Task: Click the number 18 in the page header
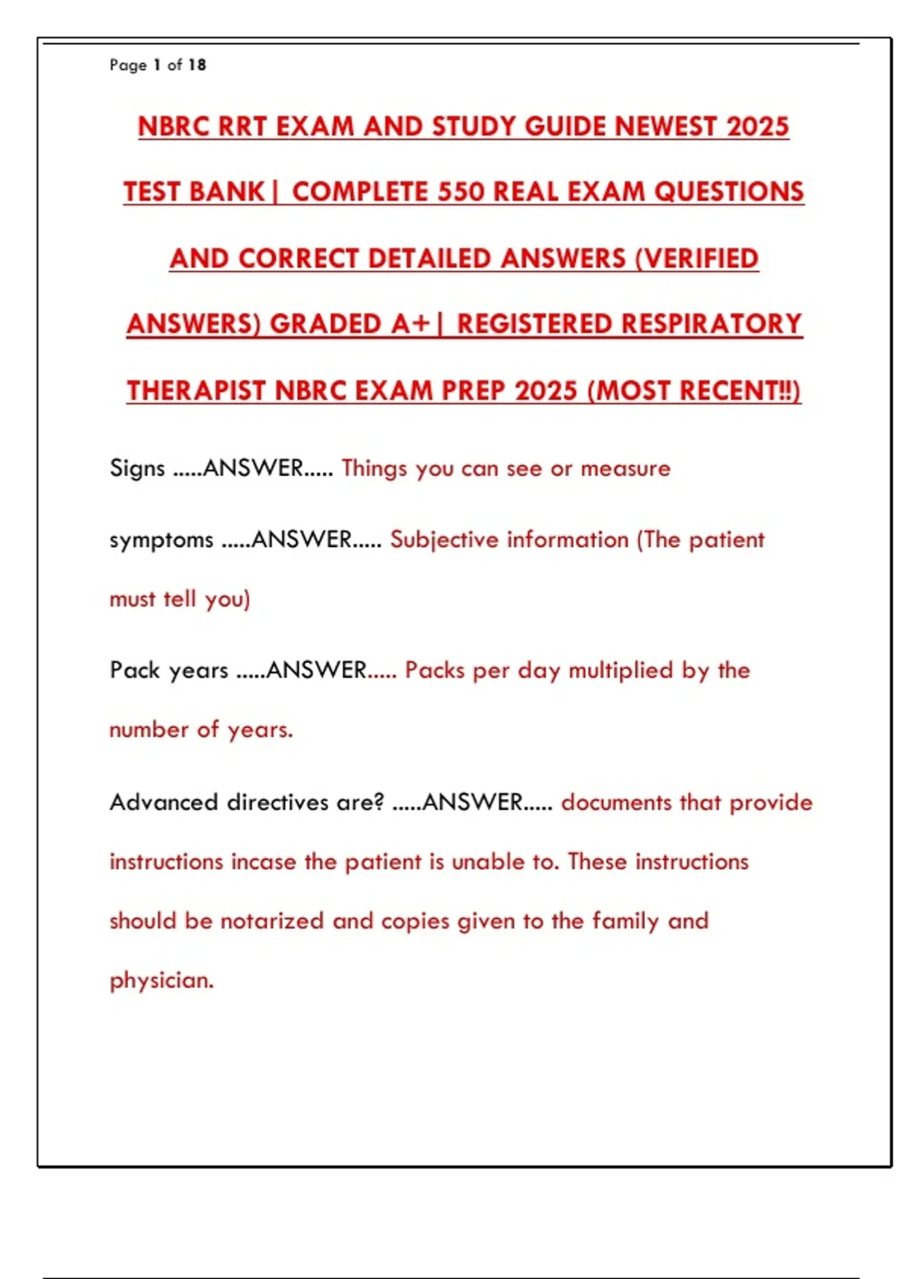click(x=197, y=65)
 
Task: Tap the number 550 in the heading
click(x=461, y=192)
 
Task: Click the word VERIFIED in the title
click(x=702, y=259)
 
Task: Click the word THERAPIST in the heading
click(x=196, y=391)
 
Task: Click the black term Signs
click(x=137, y=468)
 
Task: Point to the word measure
click(x=625, y=469)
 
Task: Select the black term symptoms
click(x=161, y=540)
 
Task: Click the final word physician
click(x=161, y=980)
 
